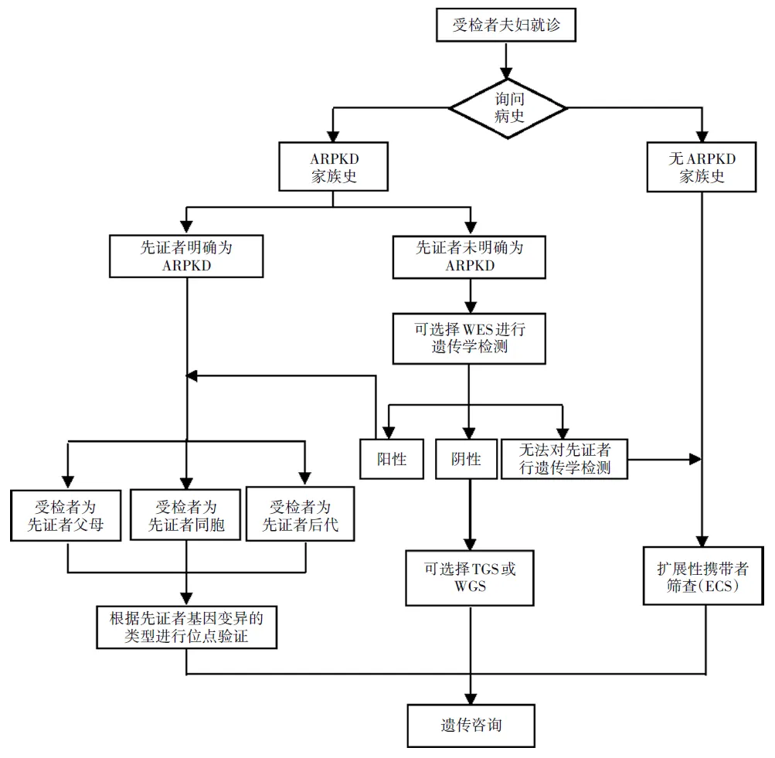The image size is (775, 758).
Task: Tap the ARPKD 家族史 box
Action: coord(332,167)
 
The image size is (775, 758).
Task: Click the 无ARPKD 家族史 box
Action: coord(702,167)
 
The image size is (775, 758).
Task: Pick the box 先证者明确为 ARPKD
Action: coord(187,257)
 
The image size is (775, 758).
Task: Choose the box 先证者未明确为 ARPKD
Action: coord(469,257)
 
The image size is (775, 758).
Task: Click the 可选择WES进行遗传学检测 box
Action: coord(469,338)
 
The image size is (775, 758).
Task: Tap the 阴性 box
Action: coord(466,460)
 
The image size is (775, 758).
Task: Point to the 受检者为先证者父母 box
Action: coord(68,516)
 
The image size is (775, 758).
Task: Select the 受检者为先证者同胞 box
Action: coord(186,516)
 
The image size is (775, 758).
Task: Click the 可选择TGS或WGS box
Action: coord(470,577)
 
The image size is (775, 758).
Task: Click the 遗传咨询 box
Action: coord(470,726)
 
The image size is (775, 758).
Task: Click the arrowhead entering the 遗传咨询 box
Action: coord(470,698)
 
